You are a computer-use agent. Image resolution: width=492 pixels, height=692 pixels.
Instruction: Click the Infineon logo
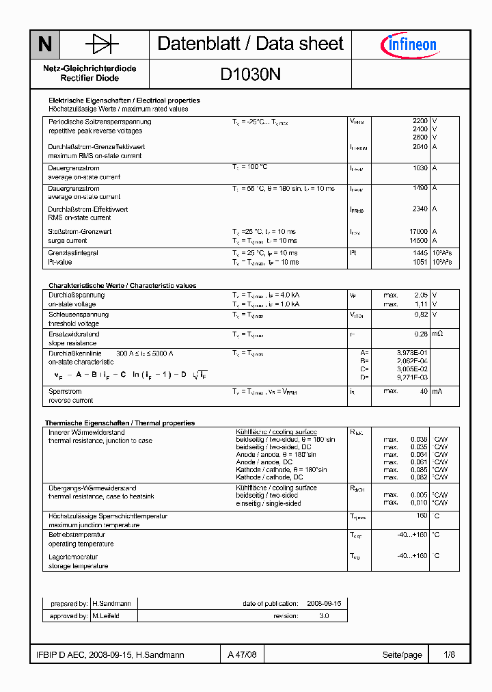point(409,45)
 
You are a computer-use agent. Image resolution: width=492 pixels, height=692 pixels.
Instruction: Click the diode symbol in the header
point(102,44)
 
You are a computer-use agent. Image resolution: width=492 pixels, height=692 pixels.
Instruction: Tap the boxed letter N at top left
point(44,44)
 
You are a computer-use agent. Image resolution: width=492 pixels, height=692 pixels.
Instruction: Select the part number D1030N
point(250,75)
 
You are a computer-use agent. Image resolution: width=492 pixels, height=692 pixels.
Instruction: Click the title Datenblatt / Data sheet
point(250,44)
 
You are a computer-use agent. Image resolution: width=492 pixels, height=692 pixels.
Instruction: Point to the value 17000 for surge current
point(418,232)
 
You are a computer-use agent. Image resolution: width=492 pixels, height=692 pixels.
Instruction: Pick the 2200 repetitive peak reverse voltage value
point(420,121)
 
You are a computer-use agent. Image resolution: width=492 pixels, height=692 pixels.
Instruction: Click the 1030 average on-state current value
point(420,168)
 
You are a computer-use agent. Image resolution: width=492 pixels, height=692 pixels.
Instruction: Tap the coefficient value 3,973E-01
point(412,352)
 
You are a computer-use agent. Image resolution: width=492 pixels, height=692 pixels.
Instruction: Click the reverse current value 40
point(424,391)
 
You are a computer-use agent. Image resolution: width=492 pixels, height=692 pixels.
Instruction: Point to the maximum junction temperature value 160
point(422,516)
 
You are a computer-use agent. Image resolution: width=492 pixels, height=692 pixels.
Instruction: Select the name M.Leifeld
point(106,616)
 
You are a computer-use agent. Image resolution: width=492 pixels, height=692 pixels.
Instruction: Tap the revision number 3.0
point(323,616)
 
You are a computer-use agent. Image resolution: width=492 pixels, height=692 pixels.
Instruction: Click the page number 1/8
point(449,654)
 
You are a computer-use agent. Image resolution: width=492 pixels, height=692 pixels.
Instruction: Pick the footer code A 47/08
point(243,654)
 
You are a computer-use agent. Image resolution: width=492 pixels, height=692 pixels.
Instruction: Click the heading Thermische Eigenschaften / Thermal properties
point(120,423)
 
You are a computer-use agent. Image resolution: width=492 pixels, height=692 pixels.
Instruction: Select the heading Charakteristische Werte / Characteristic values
point(122,286)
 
